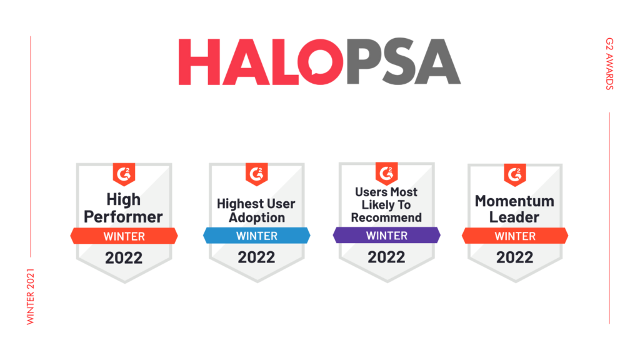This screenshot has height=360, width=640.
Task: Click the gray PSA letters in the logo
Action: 403,62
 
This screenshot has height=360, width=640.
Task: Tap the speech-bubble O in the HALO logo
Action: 321,62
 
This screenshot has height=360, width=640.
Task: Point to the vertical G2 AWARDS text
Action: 609,64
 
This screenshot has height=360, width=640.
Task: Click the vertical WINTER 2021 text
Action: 30,297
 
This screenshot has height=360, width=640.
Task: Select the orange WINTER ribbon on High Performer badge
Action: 124,236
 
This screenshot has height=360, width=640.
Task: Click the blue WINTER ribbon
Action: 257,236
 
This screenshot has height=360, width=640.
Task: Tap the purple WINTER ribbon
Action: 386,235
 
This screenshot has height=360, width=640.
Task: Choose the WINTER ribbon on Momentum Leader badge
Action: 515,236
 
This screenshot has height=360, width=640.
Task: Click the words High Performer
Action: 123,208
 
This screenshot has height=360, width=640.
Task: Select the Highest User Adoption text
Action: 256,211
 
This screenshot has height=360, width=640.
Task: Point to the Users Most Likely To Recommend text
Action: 386,205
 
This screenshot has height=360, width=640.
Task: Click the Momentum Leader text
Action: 514,209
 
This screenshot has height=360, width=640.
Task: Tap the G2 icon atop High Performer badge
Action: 124,174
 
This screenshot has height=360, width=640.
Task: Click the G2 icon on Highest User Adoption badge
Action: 257,174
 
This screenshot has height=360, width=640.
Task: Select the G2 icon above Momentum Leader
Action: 515,175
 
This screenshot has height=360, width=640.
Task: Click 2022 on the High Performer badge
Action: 124,258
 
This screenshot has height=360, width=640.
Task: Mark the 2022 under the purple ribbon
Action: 386,257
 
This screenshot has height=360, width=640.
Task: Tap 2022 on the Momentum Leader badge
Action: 515,257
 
